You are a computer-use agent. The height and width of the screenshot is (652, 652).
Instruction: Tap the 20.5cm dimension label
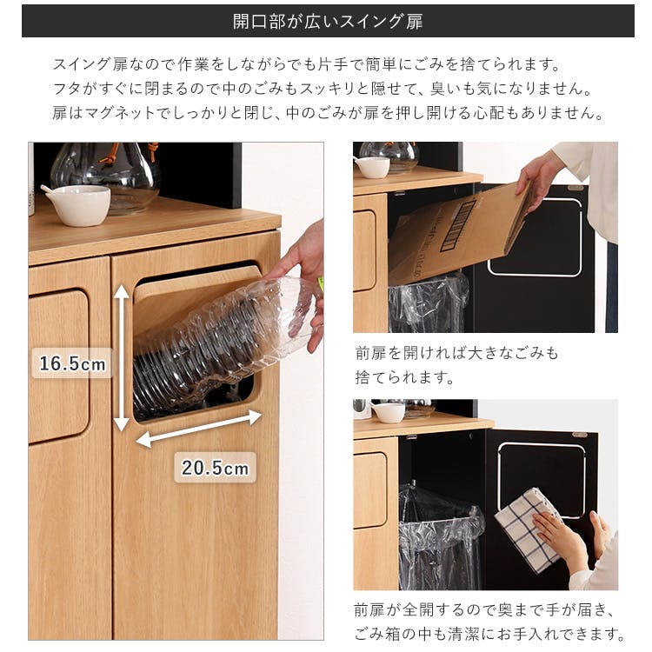pyautogui.click(x=215, y=468)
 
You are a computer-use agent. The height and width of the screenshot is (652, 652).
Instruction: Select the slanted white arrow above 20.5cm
pyautogui.click(x=199, y=429)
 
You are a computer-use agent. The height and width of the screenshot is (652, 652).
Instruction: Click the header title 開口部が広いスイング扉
pyautogui.click(x=328, y=21)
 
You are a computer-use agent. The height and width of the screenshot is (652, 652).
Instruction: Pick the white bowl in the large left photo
pyautogui.click(x=77, y=204)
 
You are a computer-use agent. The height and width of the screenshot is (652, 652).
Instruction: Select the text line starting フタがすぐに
pyautogui.click(x=320, y=90)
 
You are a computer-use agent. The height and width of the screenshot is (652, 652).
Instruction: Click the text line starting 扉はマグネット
pyautogui.click(x=327, y=114)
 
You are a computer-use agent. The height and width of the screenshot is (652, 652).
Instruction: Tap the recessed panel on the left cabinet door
pyautogui.click(x=58, y=366)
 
